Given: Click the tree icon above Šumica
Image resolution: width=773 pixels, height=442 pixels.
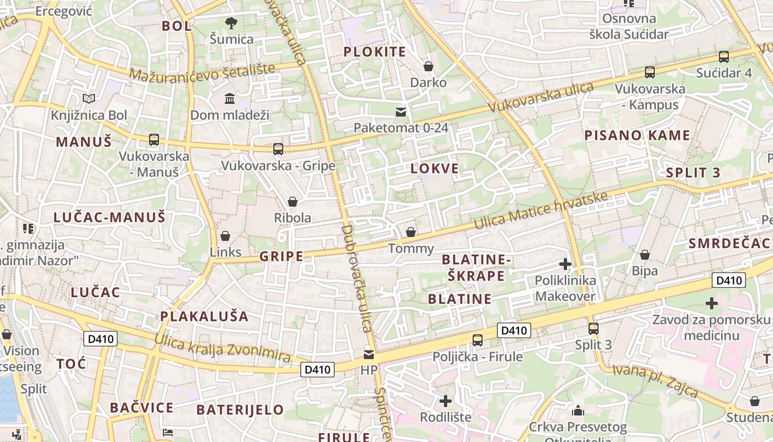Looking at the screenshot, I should click(x=231, y=23).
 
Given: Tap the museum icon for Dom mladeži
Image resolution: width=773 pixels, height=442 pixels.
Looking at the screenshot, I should click(x=229, y=98).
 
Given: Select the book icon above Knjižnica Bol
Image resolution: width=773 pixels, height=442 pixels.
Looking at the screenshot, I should click(x=89, y=99).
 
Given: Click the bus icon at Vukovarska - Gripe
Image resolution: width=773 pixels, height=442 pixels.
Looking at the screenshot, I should click(x=278, y=149).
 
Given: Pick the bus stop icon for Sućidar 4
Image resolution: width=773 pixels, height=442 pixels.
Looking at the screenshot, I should click(x=724, y=56).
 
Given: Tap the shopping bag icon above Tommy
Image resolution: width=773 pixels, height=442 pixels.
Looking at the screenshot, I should click(x=411, y=232).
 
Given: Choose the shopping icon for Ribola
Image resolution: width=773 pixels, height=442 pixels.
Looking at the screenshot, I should click(x=293, y=202).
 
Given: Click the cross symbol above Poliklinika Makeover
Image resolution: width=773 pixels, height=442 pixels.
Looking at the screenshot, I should click(x=565, y=264).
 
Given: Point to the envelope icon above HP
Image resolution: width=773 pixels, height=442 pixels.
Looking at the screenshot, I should click(x=368, y=354).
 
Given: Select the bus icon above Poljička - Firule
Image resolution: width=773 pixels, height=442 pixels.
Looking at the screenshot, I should click(x=478, y=340).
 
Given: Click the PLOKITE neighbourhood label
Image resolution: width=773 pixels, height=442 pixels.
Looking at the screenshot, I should click(x=375, y=52).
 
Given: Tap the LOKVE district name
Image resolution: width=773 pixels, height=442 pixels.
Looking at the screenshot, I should click(x=435, y=169).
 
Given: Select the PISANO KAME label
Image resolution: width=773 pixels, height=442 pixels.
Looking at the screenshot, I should click(x=637, y=135).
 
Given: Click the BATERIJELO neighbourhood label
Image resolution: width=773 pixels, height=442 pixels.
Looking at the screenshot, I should click(x=240, y=410).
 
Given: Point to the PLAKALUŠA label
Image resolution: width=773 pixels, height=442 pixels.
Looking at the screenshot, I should click(x=204, y=317).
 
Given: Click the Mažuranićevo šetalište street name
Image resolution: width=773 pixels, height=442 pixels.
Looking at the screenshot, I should click(x=202, y=71).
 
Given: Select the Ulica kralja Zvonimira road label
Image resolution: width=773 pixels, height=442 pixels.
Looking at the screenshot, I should click(x=223, y=349).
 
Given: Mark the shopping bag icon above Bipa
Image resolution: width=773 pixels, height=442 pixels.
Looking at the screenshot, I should click(x=644, y=255).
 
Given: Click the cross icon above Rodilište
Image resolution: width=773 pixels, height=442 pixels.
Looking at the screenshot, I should click(x=446, y=401).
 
